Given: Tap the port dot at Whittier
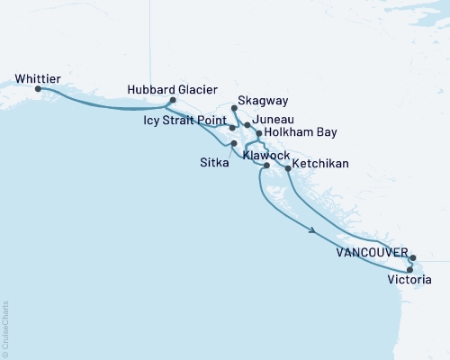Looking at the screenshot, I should pyautogui.click(x=38, y=89).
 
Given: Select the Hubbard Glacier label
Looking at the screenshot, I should pyautogui.click(x=171, y=90).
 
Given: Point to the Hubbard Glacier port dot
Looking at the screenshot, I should pyautogui.click(x=172, y=101).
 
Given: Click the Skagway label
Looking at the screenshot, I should pyautogui.click(x=263, y=102).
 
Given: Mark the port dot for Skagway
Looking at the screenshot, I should pyautogui.click(x=235, y=108).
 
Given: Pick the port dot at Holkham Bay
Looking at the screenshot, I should pyautogui.click(x=259, y=133).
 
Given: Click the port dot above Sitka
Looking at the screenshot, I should pyautogui.click(x=234, y=144).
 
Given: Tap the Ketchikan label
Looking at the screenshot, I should pyautogui.click(x=321, y=167).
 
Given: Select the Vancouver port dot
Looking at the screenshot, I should pyautogui.click(x=412, y=257).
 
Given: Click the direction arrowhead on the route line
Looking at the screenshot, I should pyautogui.click(x=312, y=231).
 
